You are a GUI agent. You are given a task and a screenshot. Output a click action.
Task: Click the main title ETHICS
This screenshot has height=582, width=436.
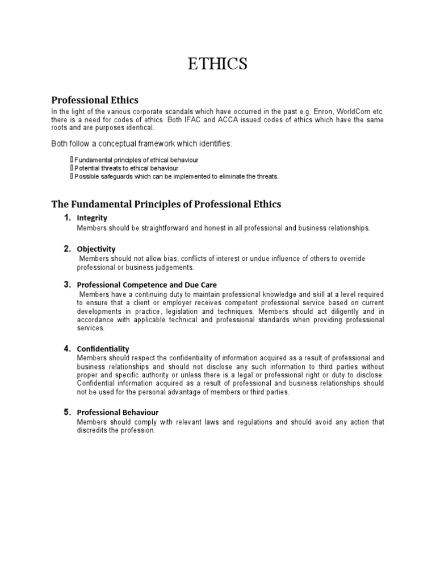[x=218, y=64]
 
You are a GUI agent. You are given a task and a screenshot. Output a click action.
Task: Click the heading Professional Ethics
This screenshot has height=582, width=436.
[x=95, y=100]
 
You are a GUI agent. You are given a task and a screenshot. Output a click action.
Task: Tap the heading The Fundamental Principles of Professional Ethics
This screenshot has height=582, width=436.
[x=166, y=203]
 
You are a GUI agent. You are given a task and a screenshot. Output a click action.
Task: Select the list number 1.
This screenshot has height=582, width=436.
[x=67, y=218]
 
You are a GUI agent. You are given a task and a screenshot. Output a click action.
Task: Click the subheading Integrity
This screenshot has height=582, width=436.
[x=92, y=218]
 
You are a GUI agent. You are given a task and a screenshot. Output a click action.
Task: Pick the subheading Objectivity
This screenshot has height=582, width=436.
[x=96, y=249]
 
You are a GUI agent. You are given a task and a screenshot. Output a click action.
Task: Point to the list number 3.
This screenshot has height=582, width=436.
[x=67, y=284]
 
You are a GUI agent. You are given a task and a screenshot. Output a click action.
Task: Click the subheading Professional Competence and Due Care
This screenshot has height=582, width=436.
[x=146, y=285]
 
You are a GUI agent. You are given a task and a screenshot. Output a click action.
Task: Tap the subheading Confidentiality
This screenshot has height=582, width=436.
[x=103, y=349]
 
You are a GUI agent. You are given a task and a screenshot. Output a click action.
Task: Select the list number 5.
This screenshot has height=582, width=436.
[x=67, y=411]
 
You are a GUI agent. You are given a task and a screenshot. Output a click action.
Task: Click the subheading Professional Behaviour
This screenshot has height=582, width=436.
[x=118, y=412]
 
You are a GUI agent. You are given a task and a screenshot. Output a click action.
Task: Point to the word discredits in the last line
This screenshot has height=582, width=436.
[x=94, y=430]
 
